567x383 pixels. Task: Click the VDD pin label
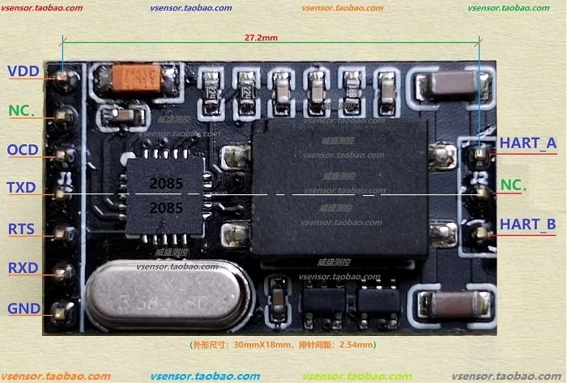tap(23, 71)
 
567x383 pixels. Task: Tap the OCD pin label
tap(23, 150)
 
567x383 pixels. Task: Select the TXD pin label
tap(22, 188)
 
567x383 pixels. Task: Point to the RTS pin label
tap(21, 229)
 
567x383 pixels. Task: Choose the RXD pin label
tap(22, 268)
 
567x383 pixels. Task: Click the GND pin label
tap(23, 308)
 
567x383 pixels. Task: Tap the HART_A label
tap(527, 143)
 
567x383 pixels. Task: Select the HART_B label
tap(527, 224)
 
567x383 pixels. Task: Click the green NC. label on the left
tap(22, 109)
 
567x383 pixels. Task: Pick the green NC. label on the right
tap(514, 185)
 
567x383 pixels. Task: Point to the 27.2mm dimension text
tap(261, 37)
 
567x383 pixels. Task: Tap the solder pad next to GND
tap(60, 309)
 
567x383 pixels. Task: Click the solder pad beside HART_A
tap(480, 151)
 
